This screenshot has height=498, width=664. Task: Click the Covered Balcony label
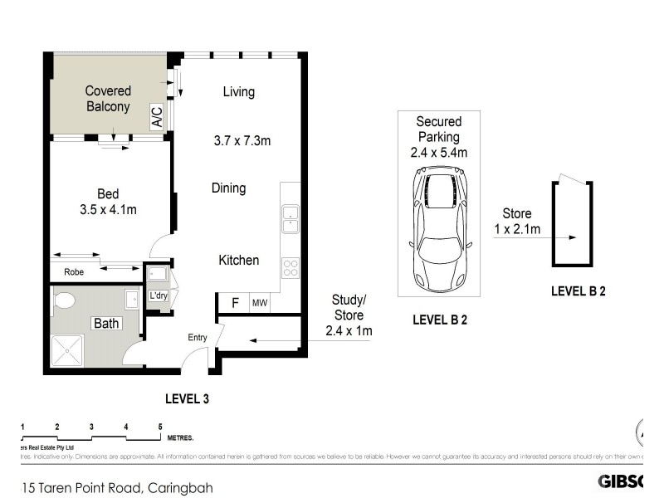[x=108, y=99]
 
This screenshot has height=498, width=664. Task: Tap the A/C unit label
[x=157, y=117]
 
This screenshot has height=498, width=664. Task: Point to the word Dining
[x=227, y=188]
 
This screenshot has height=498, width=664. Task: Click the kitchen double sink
[x=290, y=219]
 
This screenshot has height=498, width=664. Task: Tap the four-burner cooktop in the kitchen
[x=290, y=267]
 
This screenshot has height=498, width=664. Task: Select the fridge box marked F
[x=235, y=303]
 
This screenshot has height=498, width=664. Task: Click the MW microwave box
[x=260, y=303]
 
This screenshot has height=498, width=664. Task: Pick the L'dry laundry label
[x=158, y=295]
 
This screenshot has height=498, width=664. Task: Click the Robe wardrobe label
[x=74, y=271]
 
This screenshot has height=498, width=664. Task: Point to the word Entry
[x=198, y=337]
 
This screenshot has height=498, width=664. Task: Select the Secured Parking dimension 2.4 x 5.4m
[x=439, y=152]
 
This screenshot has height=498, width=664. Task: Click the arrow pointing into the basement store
[x=539, y=237]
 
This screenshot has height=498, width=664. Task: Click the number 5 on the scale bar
[x=160, y=427]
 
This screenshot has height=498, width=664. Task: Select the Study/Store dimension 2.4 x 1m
[x=349, y=330]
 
